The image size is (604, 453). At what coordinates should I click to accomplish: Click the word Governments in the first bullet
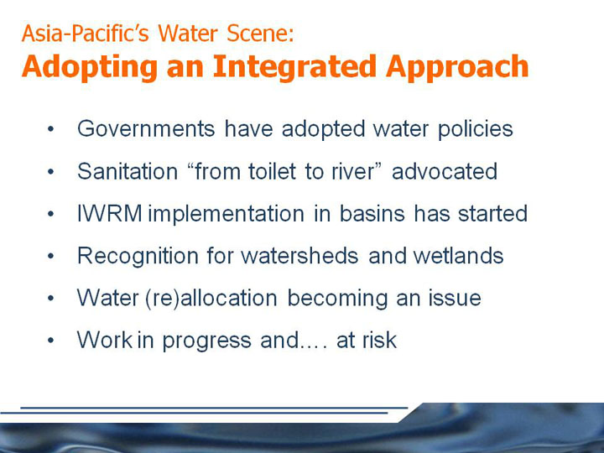[x=146, y=128]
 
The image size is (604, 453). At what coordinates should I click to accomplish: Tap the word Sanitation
[x=128, y=171]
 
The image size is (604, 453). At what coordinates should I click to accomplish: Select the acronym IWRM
[x=110, y=213]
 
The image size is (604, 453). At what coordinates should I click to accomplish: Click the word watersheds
[x=299, y=255]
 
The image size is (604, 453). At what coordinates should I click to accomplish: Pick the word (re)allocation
[x=211, y=299]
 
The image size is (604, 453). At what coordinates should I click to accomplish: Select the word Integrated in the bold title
[x=294, y=67]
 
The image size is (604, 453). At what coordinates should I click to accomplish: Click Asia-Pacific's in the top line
[x=86, y=33]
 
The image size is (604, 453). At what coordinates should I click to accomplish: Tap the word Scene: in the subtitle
[x=260, y=33]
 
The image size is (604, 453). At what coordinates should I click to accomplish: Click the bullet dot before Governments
[x=51, y=129]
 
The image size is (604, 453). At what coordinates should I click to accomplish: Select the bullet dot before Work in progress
[x=51, y=341]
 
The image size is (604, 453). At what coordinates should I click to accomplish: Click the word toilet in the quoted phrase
[x=272, y=171]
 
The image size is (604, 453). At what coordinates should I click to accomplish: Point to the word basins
[x=372, y=213]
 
